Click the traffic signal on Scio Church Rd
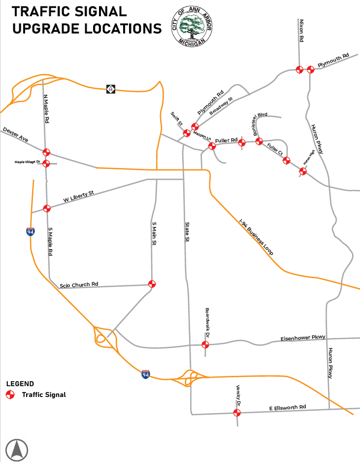(x=152, y=284)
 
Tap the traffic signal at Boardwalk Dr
(x=205, y=344)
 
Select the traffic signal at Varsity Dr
(x=237, y=413)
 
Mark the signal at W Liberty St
(x=47, y=208)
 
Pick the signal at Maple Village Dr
(x=46, y=164)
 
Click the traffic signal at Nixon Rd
(x=299, y=69)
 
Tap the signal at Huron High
(x=303, y=171)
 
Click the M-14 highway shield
(x=111, y=89)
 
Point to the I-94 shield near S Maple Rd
(x=31, y=231)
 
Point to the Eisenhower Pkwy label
(x=303, y=338)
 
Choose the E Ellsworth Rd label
(x=288, y=407)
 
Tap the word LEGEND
(x=20, y=384)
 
